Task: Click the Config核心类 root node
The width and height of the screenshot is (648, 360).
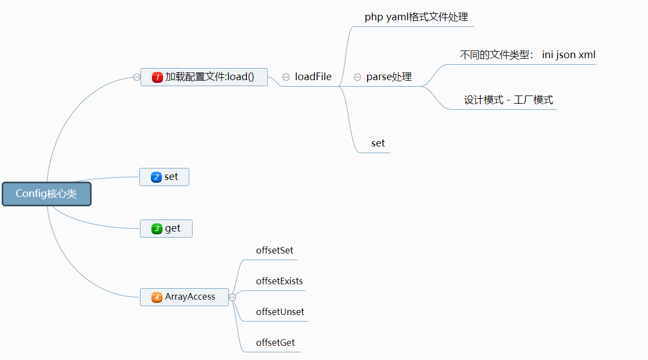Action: coord(46,194)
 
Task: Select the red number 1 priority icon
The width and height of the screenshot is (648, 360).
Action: coord(157,77)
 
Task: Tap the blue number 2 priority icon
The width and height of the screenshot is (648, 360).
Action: coord(156,177)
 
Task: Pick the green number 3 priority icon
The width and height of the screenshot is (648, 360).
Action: coord(157,228)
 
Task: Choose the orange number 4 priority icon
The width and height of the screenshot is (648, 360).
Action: coord(157,297)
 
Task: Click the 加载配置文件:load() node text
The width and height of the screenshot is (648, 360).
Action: coord(210,77)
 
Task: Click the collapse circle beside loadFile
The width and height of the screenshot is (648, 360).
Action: coord(286,77)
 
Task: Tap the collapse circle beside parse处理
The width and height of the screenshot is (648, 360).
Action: coord(357,77)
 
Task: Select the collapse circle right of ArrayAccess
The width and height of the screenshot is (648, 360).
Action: coord(232,297)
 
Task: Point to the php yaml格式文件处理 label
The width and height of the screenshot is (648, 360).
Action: coord(416,17)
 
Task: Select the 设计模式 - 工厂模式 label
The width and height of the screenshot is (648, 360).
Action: coord(508,100)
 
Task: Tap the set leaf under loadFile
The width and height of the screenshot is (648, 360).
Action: coord(378,143)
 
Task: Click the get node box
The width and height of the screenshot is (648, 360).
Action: coord(166,228)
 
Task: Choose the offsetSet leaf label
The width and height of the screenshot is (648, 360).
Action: coord(274,250)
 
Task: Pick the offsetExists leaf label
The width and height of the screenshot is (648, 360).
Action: coord(279,281)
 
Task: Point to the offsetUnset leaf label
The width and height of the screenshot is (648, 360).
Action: coord(280,312)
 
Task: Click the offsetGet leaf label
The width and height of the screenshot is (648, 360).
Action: coord(275,342)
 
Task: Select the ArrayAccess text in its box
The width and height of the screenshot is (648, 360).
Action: coord(190,297)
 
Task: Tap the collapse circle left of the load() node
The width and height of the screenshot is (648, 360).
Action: coord(137,77)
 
